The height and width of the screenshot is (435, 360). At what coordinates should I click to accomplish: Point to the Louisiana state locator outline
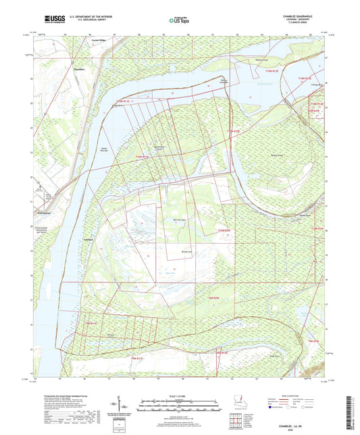(234, 400)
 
